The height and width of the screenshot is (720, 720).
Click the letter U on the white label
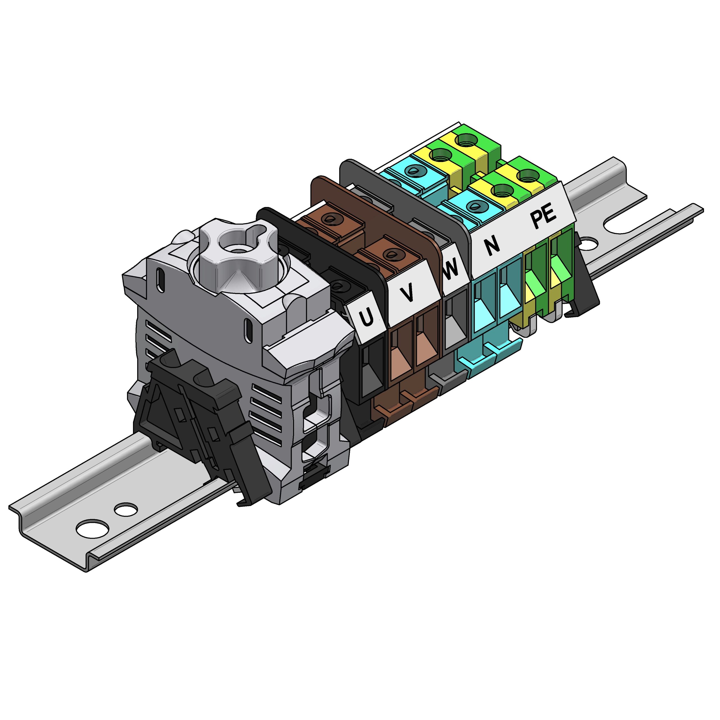coord(366,317)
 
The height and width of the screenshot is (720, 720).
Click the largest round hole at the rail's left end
coord(93,529)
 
